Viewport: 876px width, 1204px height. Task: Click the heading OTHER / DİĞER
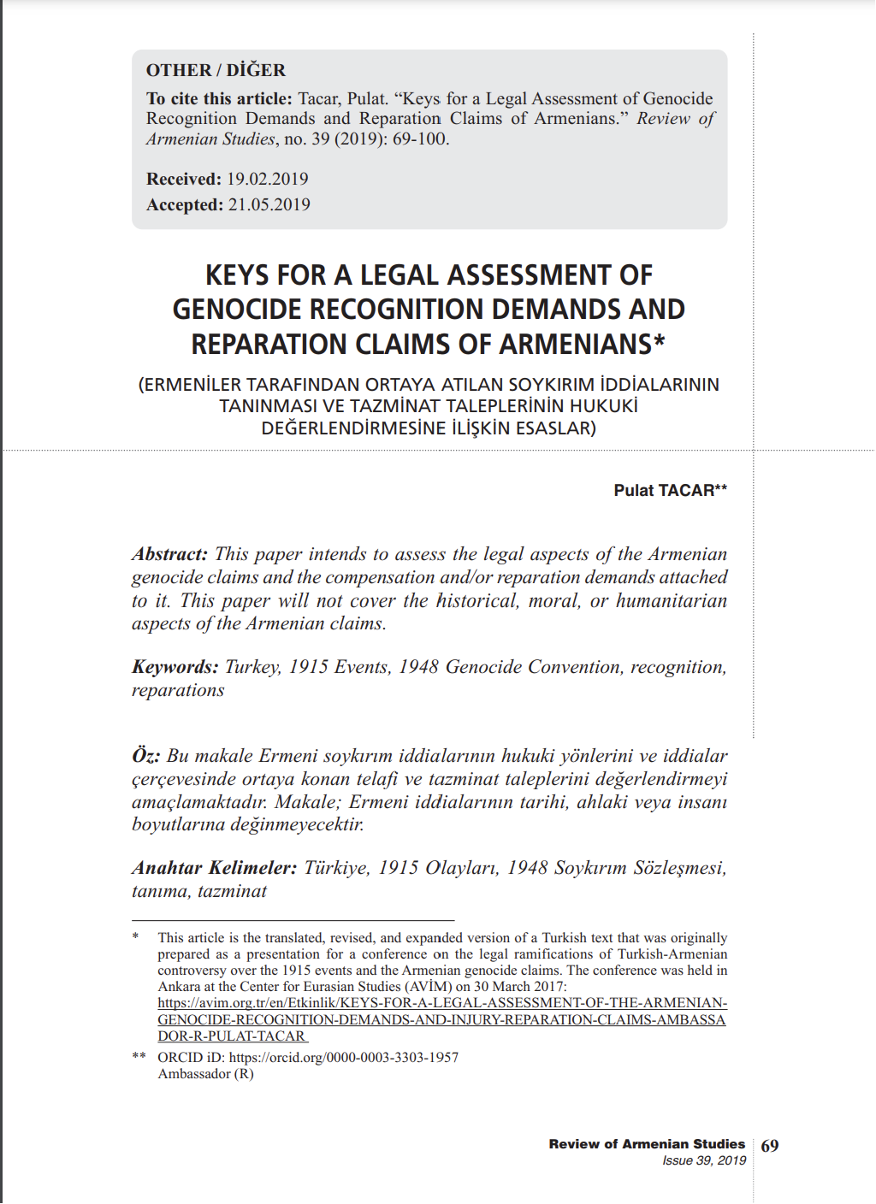216,70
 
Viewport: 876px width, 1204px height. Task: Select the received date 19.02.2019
267,179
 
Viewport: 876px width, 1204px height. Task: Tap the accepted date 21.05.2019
269,204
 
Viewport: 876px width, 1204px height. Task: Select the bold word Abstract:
169,554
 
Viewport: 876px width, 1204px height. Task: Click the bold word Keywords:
175,667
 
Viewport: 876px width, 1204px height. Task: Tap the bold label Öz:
145,756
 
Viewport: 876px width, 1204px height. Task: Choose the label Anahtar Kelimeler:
214,868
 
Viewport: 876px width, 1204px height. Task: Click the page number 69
770,1146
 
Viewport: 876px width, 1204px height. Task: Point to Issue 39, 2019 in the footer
704,1160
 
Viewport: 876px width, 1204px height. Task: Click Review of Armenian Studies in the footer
647,1144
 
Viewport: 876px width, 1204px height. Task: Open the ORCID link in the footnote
343,1058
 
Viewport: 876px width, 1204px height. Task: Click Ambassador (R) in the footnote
205,1074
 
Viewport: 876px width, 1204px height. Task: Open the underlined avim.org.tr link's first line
442,1003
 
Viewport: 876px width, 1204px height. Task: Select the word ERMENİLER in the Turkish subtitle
190,385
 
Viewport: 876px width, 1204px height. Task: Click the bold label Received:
184,179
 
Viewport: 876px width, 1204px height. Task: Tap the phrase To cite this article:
219,98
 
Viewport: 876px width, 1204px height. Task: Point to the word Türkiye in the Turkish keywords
336,868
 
